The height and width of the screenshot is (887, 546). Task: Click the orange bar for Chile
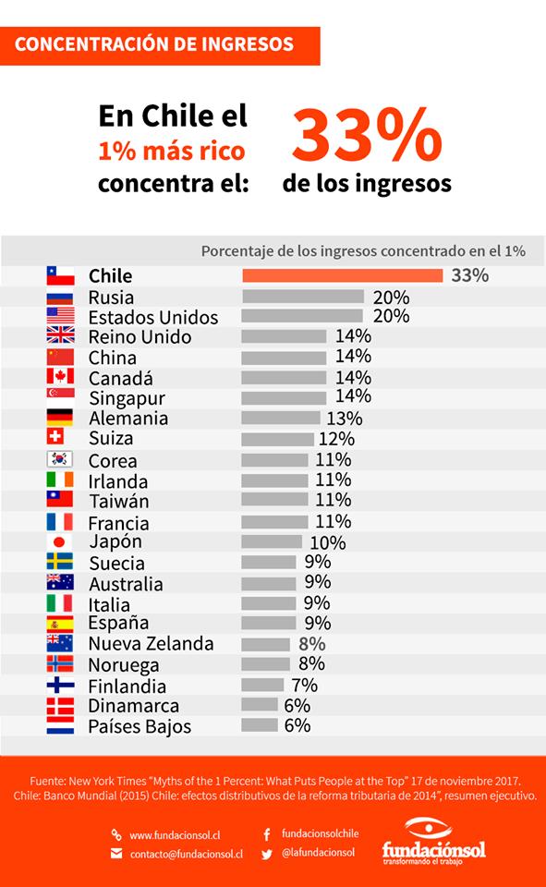click(x=342, y=275)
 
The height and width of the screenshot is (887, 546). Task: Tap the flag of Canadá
click(x=60, y=377)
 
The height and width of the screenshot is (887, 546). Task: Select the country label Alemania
click(x=128, y=419)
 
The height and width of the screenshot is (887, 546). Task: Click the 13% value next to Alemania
click(x=343, y=418)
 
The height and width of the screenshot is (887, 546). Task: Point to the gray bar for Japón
click(x=272, y=541)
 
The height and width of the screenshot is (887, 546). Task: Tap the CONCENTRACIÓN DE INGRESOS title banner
click(x=160, y=44)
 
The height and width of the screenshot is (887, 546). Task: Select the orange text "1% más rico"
click(x=173, y=151)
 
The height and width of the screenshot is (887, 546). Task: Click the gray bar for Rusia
click(x=303, y=297)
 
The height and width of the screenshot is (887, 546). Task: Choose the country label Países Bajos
click(x=139, y=727)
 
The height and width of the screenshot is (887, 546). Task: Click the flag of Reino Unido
click(x=60, y=335)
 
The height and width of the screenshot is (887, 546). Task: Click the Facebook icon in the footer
click(x=268, y=833)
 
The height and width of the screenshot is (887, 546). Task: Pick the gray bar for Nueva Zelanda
click(x=266, y=644)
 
